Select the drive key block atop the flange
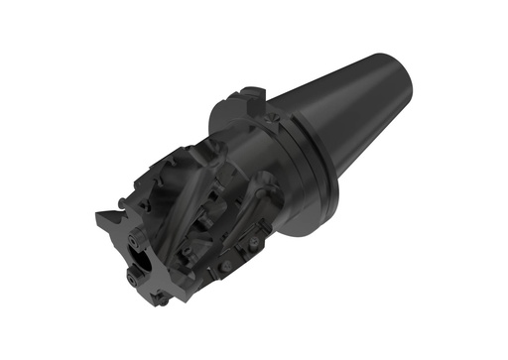tap(242, 103)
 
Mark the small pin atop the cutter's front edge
tap(121, 203)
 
